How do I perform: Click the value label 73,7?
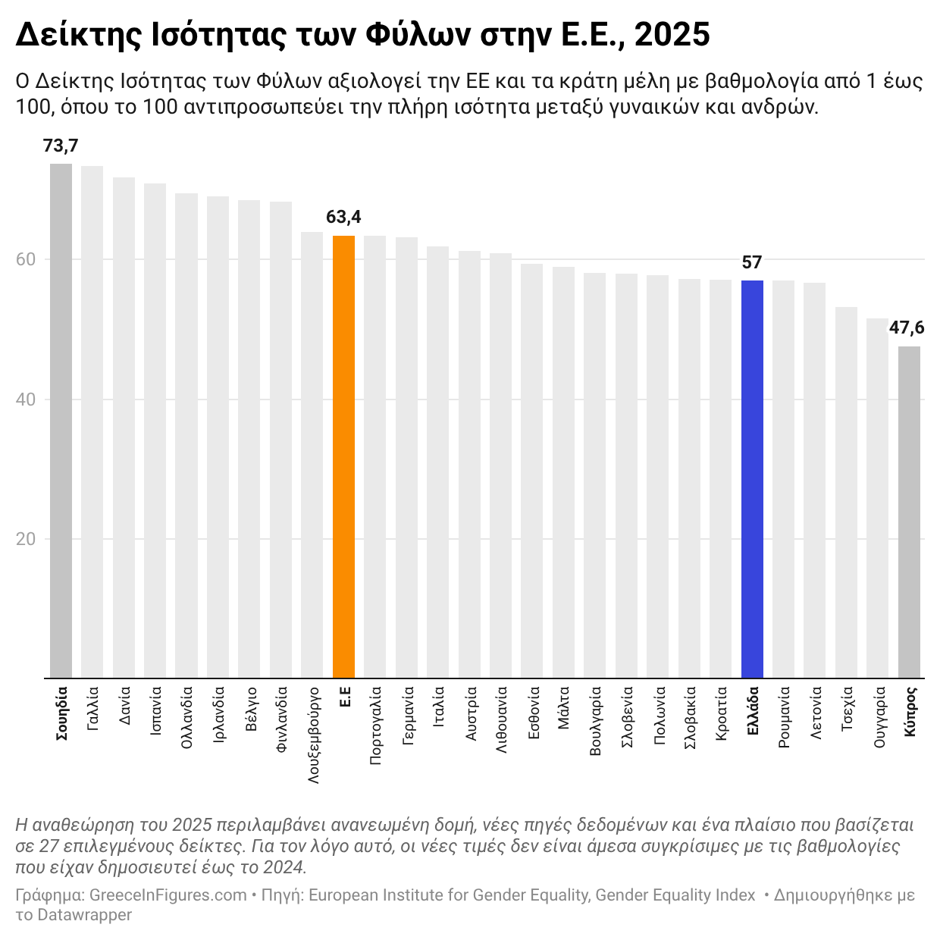61,146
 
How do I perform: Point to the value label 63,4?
343,218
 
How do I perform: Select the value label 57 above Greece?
752,263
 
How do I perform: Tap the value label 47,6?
907,328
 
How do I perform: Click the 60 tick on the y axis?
26,260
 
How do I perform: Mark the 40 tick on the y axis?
26,399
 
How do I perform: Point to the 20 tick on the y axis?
26,539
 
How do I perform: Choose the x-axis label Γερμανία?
408,716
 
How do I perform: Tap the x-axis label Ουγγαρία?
879,717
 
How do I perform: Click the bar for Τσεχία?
846,493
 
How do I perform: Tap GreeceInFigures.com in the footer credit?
168,895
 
